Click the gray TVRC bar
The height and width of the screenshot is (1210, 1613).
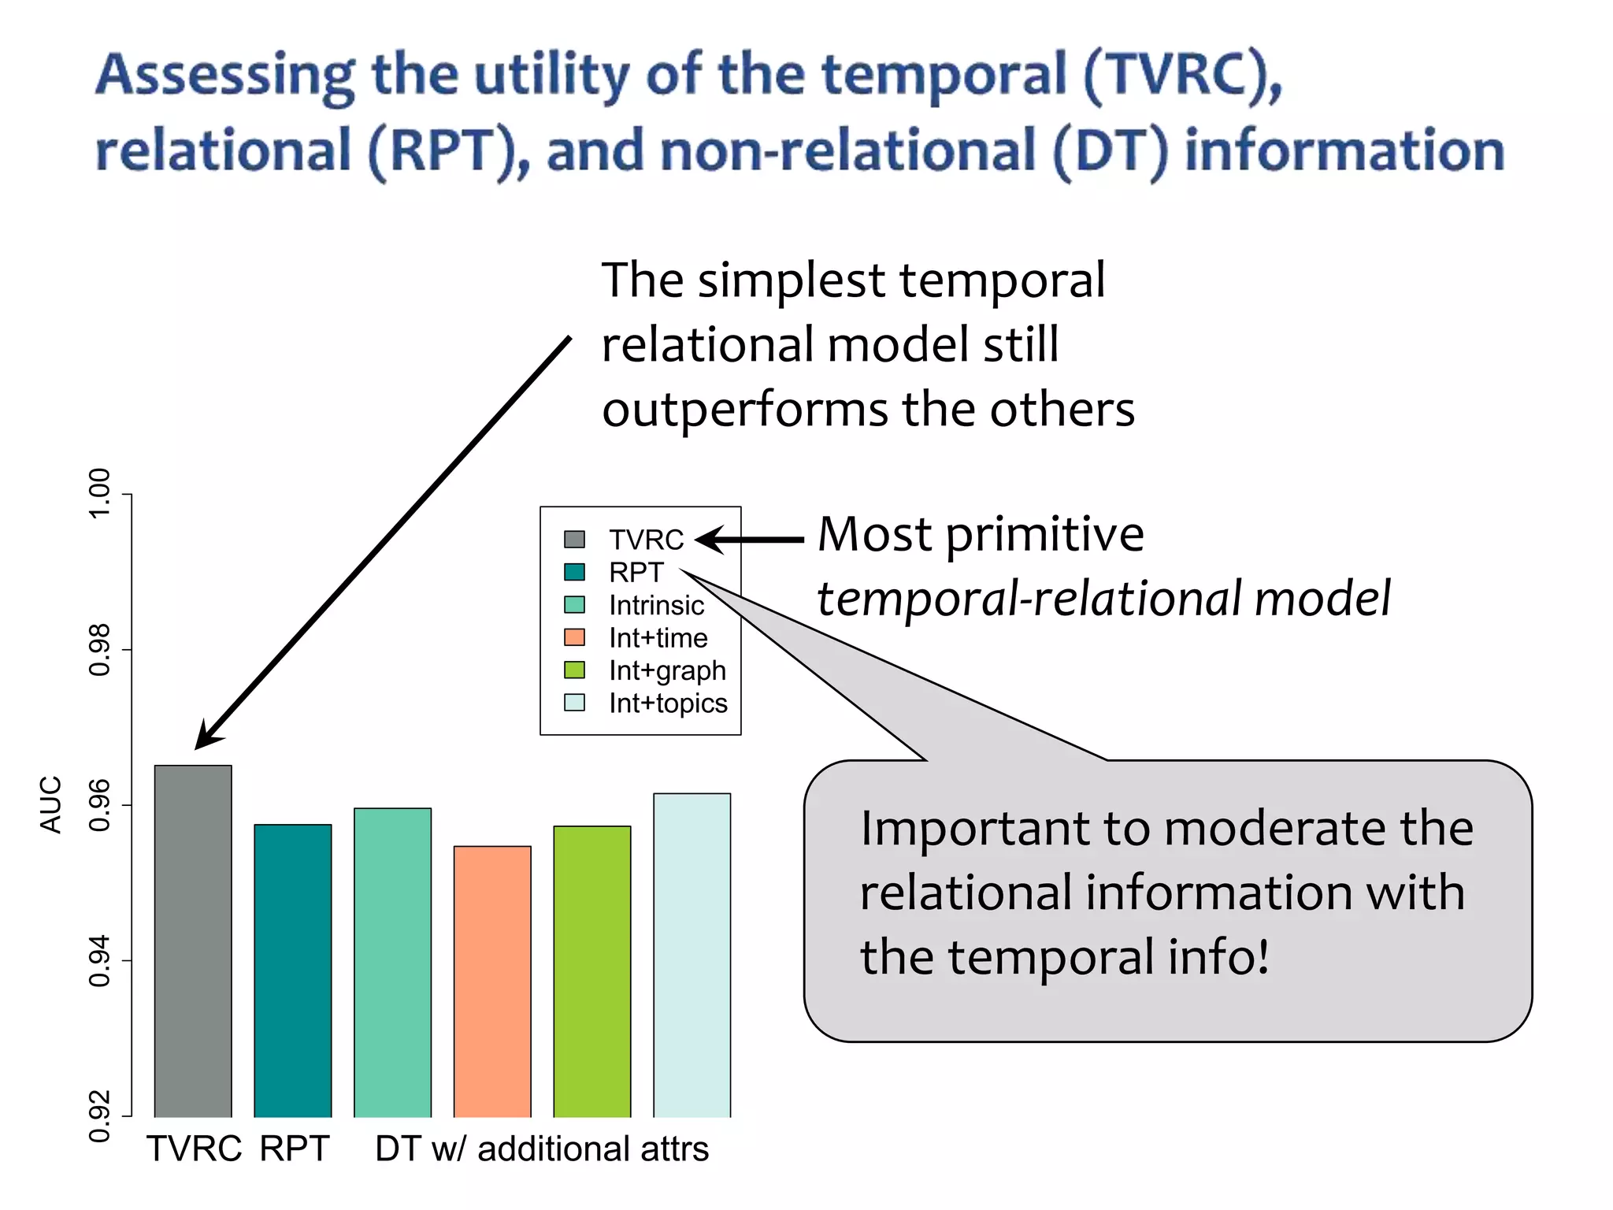click(193, 941)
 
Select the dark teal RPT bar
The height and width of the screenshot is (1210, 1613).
click(292, 971)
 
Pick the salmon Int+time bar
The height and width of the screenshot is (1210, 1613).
click(492, 982)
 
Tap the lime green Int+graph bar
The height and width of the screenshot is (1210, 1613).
click(591, 971)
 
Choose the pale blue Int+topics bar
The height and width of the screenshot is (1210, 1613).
click(692, 955)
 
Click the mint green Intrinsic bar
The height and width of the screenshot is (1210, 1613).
click(392, 963)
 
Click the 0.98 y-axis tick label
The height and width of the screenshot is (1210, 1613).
click(99, 649)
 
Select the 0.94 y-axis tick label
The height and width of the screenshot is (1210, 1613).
click(99, 960)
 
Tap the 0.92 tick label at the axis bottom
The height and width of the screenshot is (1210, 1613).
click(99, 1115)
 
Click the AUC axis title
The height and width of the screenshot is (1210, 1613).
click(50, 804)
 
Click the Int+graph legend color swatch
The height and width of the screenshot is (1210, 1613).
click(574, 670)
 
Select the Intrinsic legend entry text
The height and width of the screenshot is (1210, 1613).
click(656, 605)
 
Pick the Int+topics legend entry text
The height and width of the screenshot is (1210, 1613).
click(668, 703)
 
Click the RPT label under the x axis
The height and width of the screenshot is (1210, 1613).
click(294, 1149)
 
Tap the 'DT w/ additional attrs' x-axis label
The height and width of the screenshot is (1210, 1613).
click(542, 1149)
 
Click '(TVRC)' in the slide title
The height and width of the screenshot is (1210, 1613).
click(1181, 75)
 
